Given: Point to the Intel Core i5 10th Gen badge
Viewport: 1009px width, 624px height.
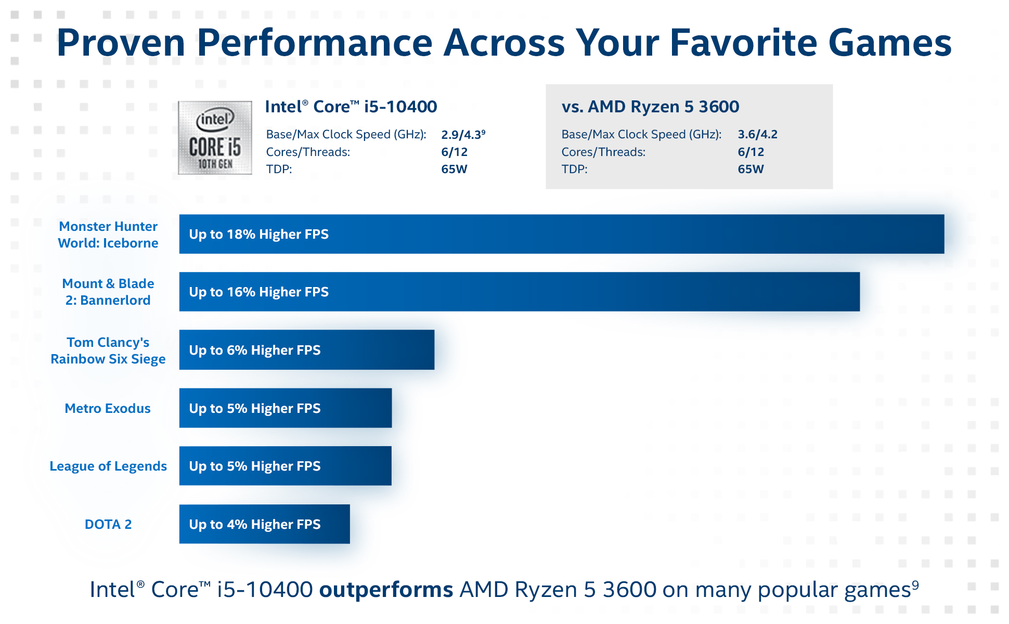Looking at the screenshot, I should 215,138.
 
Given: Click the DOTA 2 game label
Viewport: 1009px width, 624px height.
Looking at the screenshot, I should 108,524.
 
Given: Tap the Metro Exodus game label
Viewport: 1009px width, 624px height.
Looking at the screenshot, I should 108,408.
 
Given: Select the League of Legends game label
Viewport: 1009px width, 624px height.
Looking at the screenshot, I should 108,466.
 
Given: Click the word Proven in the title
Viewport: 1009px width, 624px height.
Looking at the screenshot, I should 121,43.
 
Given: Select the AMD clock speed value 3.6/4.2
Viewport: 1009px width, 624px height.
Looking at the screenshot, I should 757,135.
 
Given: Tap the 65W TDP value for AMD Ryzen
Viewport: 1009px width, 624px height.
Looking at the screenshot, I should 751,169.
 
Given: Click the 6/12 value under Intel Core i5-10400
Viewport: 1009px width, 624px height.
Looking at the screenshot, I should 454,152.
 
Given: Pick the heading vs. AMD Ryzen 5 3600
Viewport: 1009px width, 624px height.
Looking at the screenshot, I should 650,107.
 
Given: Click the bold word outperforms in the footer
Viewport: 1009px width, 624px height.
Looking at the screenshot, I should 386,590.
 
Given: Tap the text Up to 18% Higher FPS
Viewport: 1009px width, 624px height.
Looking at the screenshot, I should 258,234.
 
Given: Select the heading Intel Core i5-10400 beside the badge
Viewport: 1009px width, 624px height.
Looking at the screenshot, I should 351,107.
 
